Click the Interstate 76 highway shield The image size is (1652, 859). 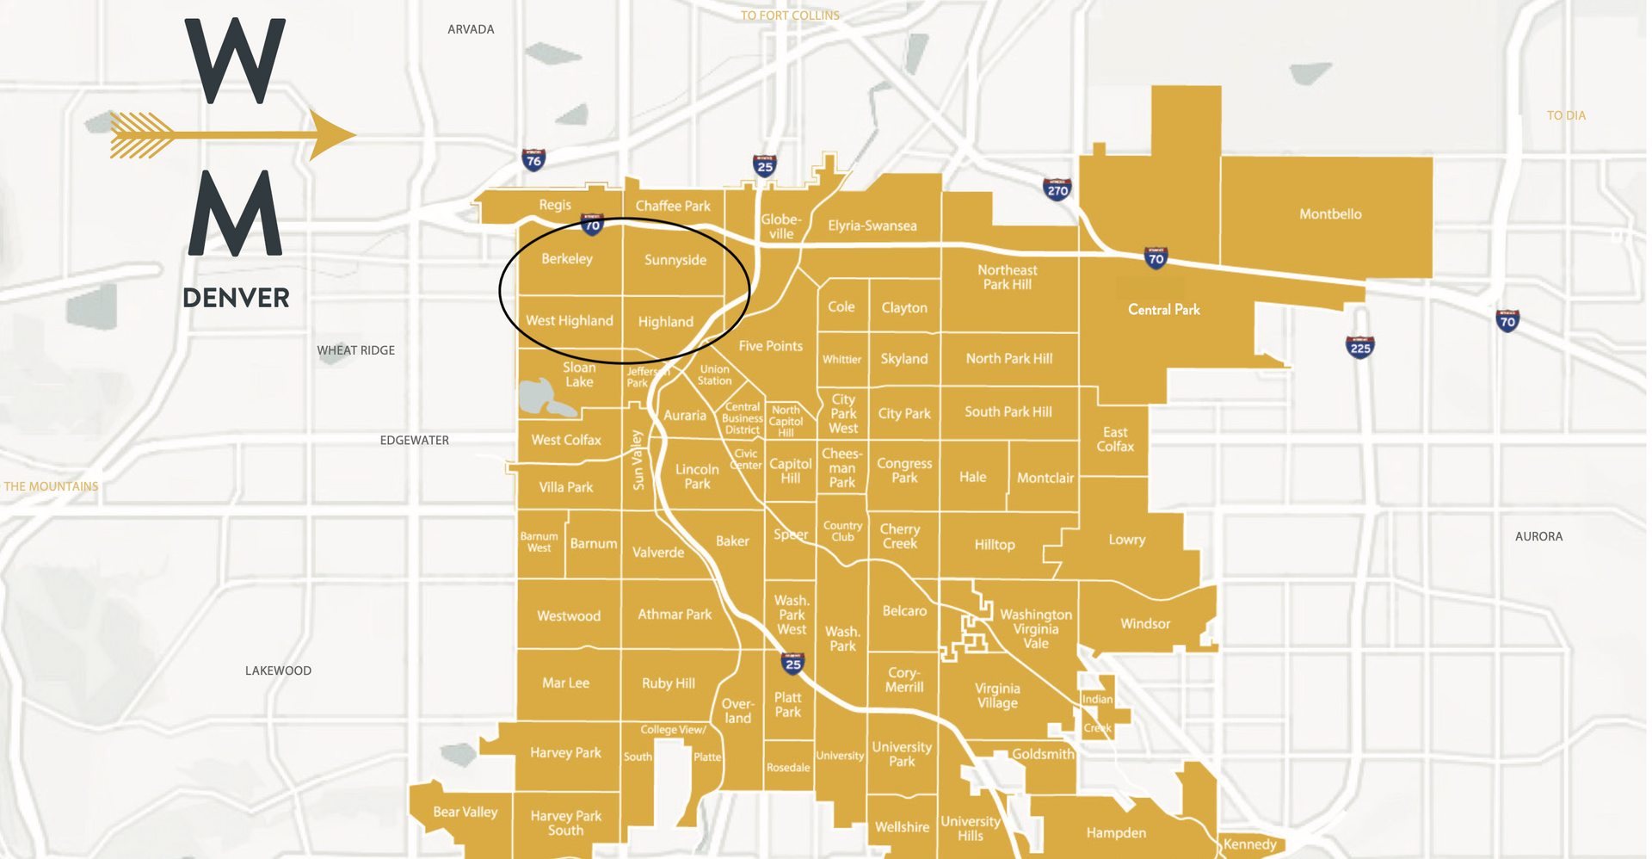tap(533, 159)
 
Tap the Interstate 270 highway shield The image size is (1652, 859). tap(1057, 189)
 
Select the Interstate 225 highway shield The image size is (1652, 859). tap(1359, 347)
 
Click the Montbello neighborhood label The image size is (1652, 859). tap(1330, 214)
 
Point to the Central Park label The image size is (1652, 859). tap(1163, 310)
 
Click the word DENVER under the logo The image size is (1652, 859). tap(236, 298)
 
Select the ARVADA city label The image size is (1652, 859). tap(471, 29)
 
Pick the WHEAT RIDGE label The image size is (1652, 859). tap(355, 350)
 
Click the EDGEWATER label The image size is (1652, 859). tap(414, 441)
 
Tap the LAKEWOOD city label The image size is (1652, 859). tap(278, 671)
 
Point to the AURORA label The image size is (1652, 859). tap(1538, 536)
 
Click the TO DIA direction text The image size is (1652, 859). tap(1566, 115)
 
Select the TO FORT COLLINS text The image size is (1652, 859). tap(790, 15)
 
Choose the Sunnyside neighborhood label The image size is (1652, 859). tap(675, 260)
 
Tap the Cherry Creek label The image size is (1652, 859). tap(899, 536)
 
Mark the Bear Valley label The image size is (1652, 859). tap(465, 812)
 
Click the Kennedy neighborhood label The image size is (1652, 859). tap(1249, 844)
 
